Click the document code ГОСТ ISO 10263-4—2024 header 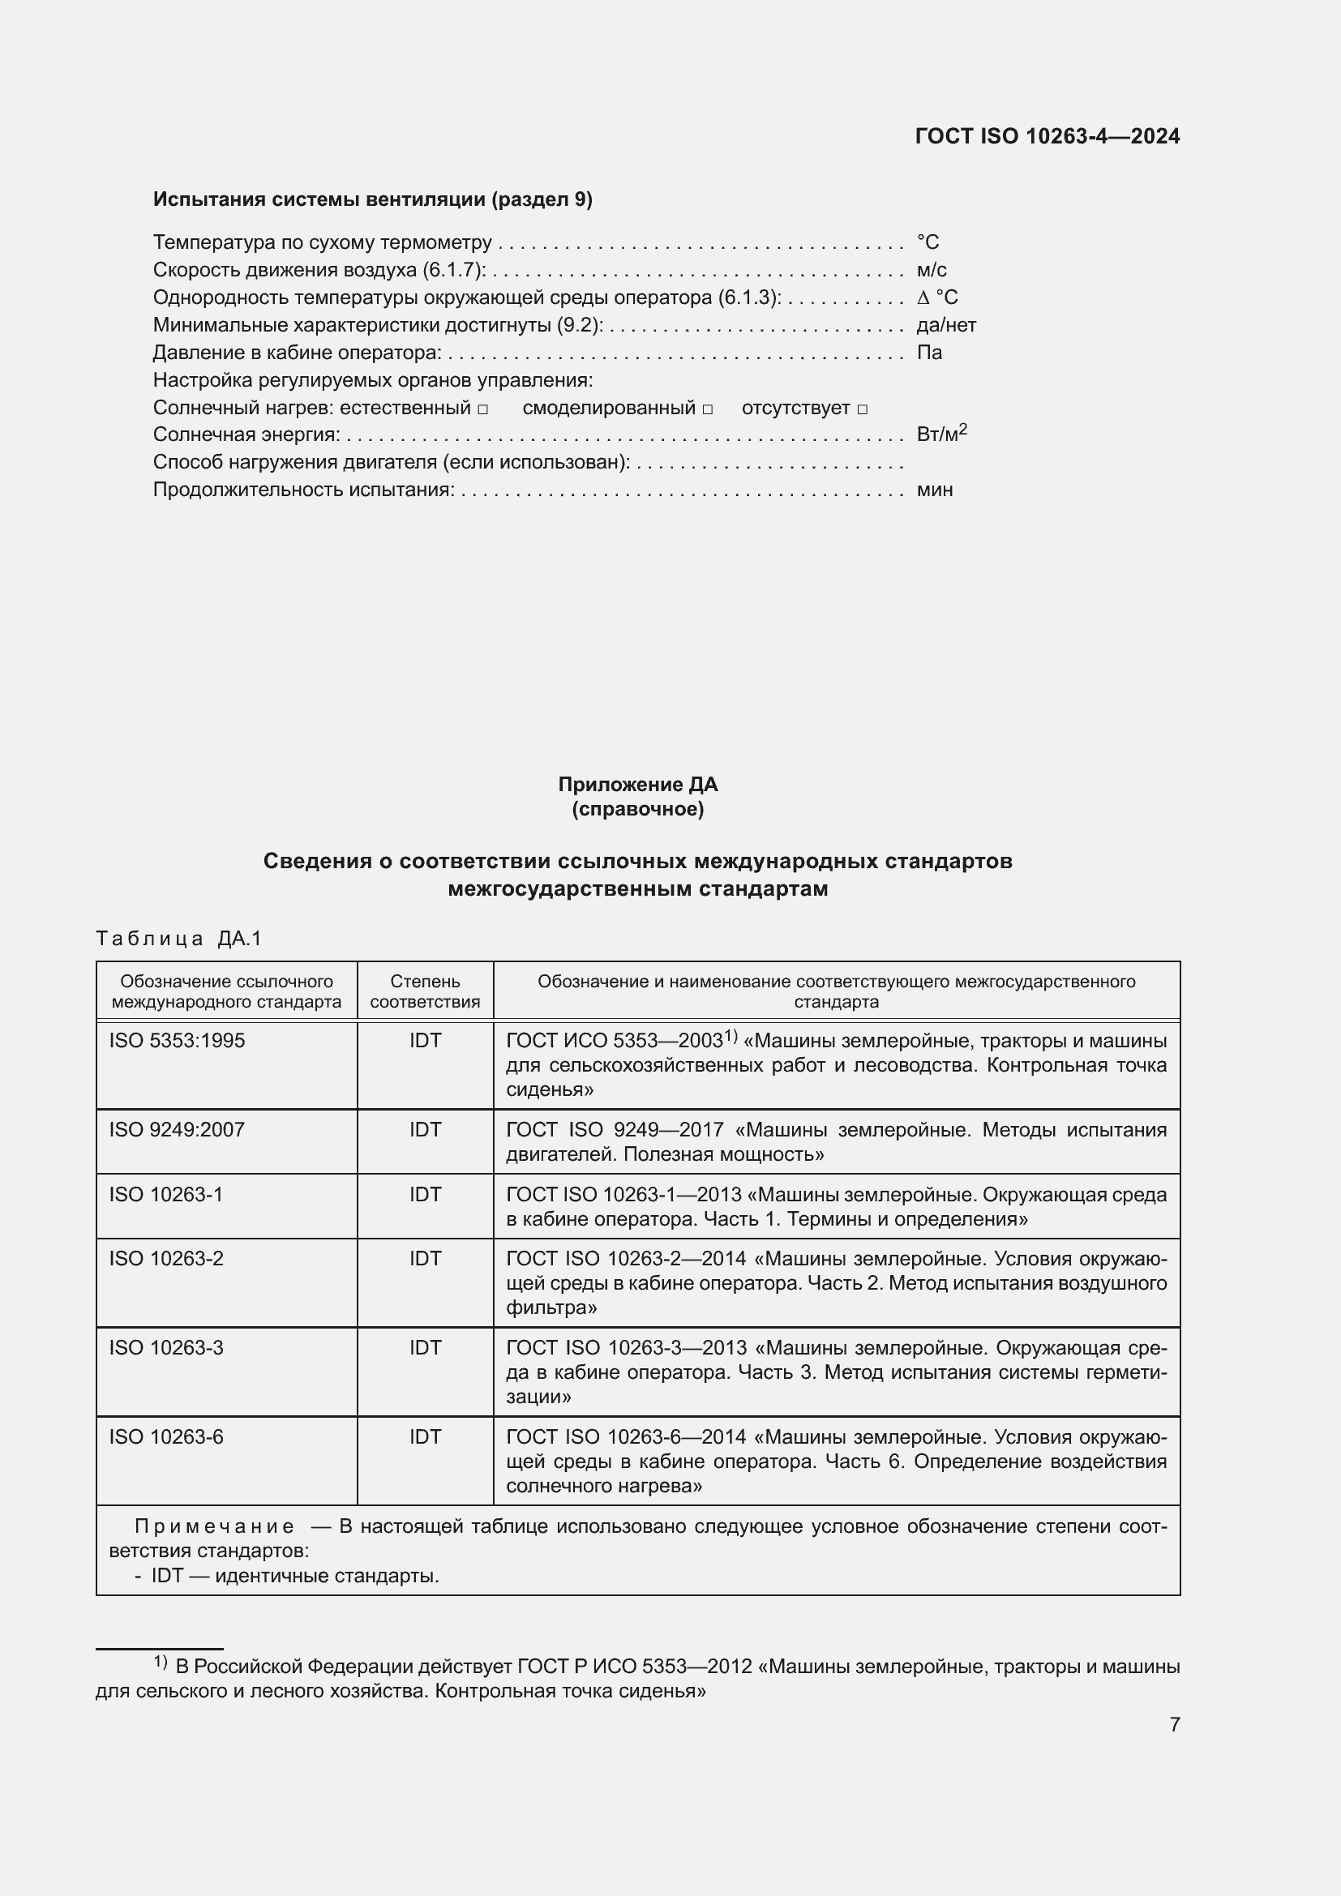(1047, 136)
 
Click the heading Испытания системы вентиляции (372, 199)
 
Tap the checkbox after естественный (483, 409)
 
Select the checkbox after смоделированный (708, 409)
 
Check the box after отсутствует (862, 409)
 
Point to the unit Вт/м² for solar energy (940, 434)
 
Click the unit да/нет (945, 324)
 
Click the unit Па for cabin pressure (929, 353)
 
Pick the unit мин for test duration (934, 490)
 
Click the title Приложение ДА (637, 784)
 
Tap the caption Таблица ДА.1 (178, 938)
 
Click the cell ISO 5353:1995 (177, 1041)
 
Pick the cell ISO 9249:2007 (177, 1130)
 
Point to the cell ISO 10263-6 (166, 1437)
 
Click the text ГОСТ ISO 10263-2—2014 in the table (626, 1259)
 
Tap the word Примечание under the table (214, 1526)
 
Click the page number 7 (1174, 1724)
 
